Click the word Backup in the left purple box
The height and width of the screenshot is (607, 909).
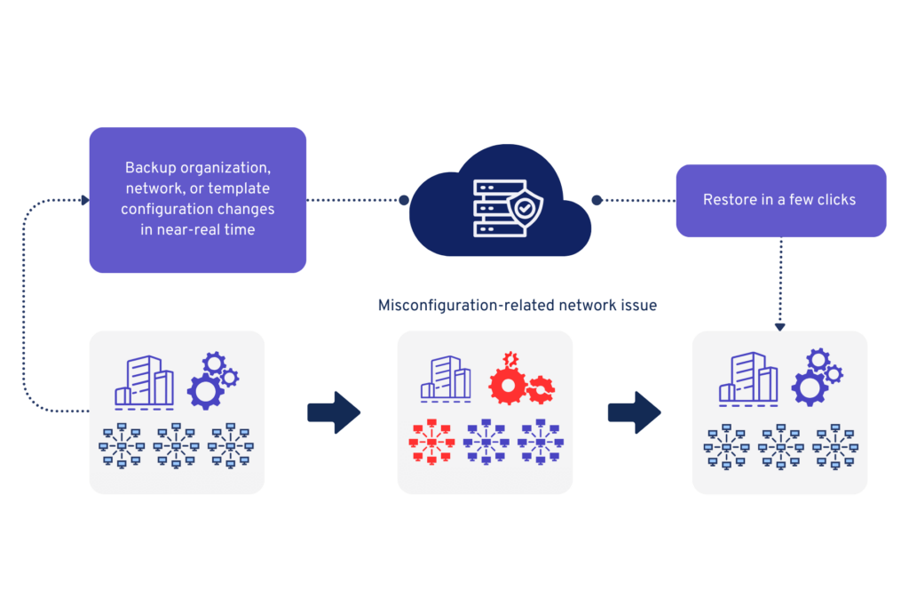[x=151, y=167]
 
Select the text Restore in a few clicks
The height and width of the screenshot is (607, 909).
[x=779, y=200]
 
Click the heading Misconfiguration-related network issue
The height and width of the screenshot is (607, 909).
[x=517, y=306]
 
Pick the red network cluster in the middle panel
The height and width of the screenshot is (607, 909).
[x=431, y=442]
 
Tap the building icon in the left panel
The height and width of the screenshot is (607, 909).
[x=144, y=382]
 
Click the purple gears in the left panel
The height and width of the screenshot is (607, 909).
[x=212, y=379]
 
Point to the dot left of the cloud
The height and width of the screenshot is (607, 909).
[x=404, y=200]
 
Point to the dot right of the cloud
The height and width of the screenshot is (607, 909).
[x=597, y=200]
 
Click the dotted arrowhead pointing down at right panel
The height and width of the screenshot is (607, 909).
[x=780, y=326]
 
